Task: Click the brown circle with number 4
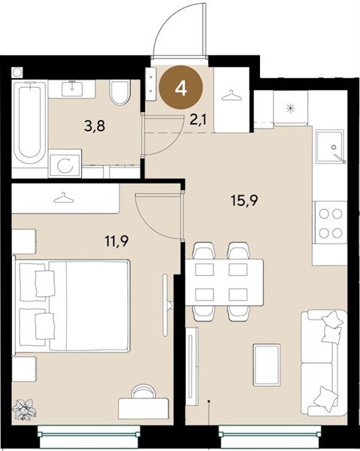tap(181, 88)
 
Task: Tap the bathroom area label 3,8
tap(95, 126)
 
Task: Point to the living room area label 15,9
tap(244, 200)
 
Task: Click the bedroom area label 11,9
tap(116, 241)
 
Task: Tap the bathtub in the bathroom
tap(29, 123)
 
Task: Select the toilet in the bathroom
tap(119, 92)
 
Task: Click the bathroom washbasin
tap(72, 89)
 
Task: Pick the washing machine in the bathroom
tap(65, 165)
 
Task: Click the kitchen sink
tap(330, 147)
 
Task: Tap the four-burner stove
tap(330, 223)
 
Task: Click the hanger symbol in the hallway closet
tap(231, 95)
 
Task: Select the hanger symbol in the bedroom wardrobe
tap(64, 198)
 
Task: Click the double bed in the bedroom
tap(71, 305)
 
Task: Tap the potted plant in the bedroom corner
tap(25, 409)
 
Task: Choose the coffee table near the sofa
tap(267, 365)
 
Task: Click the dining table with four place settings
tap(224, 282)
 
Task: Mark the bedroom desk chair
tap(143, 392)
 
